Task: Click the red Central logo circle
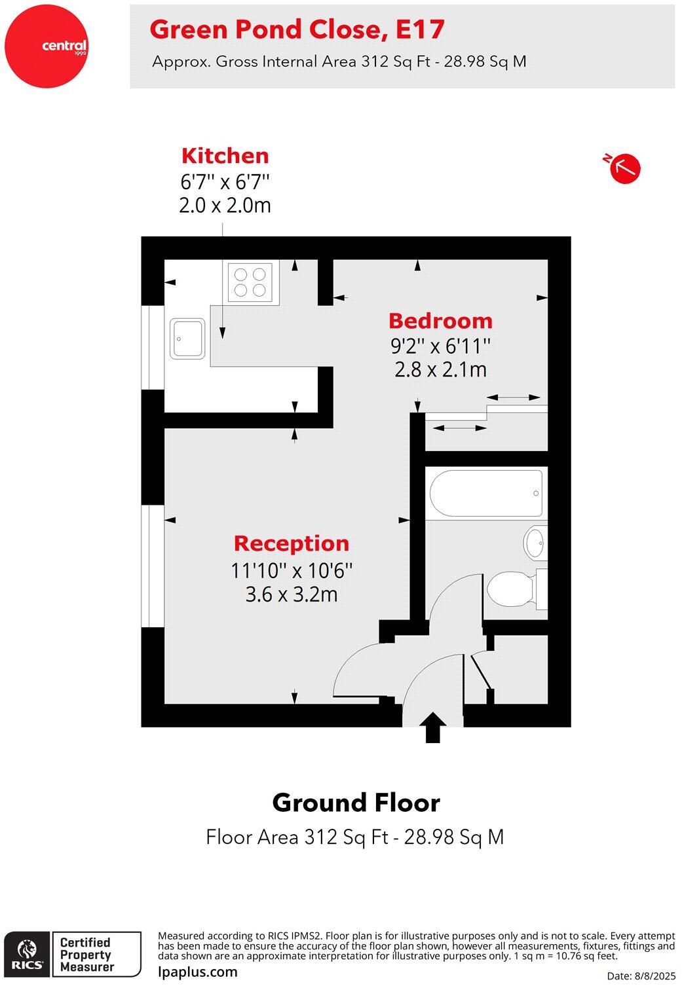(x=46, y=46)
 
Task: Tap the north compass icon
(x=624, y=168)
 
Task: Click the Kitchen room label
(x=225, y=156)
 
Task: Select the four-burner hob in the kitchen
(x=250, y=282)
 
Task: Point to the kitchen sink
(x=187, y=338)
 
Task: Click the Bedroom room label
(x=440, y=321)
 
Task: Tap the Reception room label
(x=292, y=543)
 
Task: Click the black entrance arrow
(x=432, y=727)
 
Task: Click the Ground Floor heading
(x=356, y=803)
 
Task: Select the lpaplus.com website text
(x=198, y=972)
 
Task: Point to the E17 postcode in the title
(x=420, y=29)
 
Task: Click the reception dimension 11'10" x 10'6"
(x=292, y=570)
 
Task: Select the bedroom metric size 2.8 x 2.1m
(x=440, y=370)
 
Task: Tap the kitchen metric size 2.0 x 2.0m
(x=225, y=206)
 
